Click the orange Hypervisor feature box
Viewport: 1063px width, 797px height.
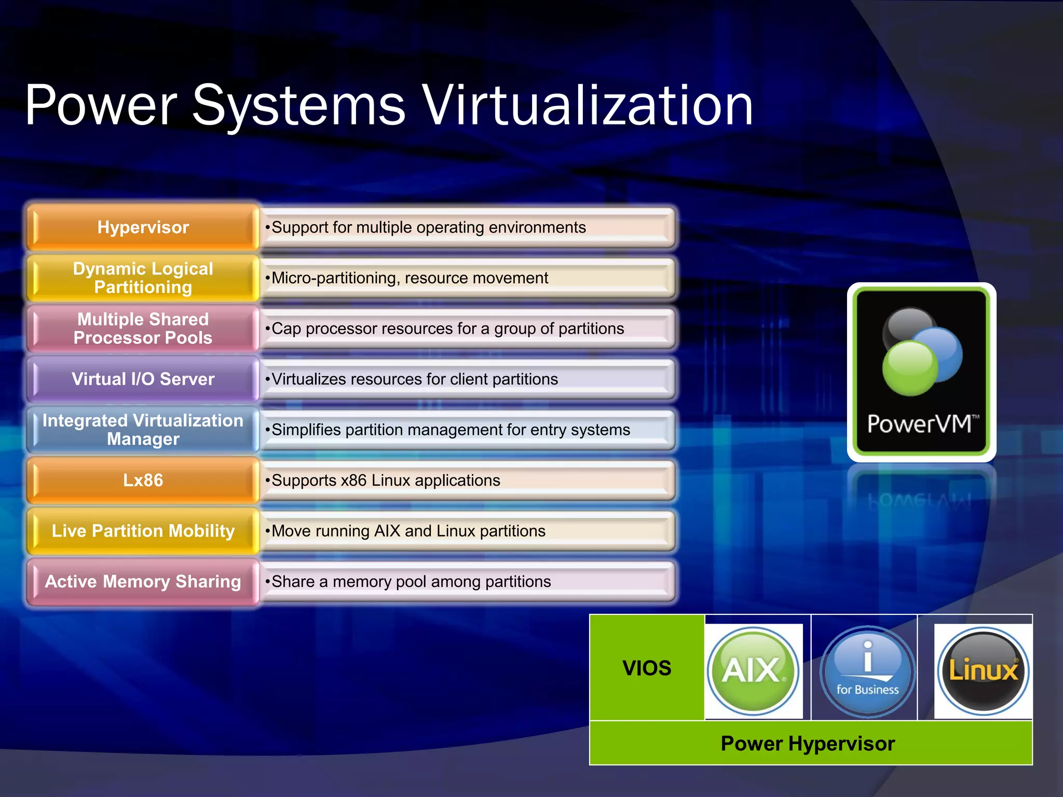pos(143,227)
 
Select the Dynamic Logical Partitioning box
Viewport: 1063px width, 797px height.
pos(143,278)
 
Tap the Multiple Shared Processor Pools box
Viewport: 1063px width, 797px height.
pos(143,328)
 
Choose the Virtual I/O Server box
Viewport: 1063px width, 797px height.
pos(143,379)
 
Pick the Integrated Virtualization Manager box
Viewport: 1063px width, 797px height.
pos(143,430)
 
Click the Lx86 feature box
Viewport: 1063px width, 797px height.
pos(143,480)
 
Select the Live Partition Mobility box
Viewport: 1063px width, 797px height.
pos(143,531)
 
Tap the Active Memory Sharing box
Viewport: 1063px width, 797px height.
pos(143,581)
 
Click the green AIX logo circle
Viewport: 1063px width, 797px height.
pos(753,670)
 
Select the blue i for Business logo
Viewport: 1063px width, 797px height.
pos(867,671)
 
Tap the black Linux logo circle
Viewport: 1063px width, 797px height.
pos(983,670)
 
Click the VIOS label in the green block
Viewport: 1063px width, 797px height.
pos(647,668)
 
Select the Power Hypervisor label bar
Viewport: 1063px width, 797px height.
pos(808,744)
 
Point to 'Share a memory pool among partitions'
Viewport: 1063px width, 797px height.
pos(411,582)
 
